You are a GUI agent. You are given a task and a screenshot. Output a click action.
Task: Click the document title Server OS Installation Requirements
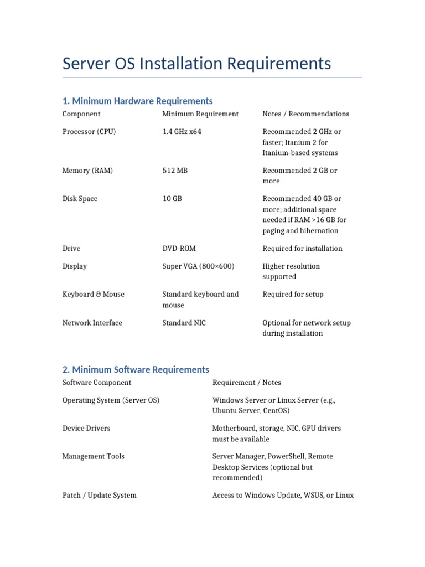(196, 63)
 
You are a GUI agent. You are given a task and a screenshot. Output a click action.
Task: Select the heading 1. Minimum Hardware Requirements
(137, 101)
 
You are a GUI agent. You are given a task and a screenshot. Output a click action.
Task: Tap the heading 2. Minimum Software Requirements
(136, 369)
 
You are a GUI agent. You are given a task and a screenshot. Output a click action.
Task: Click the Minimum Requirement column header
(200, 114)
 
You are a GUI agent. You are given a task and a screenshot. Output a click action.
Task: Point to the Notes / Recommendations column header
(305, 114)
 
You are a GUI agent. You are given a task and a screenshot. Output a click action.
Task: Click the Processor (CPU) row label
(89, 132)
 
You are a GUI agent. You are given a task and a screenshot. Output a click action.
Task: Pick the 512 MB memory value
(175, 171)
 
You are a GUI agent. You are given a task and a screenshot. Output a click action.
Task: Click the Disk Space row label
(80, 199)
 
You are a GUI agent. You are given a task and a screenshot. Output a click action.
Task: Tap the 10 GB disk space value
(172, 199)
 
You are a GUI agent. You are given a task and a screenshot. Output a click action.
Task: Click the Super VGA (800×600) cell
(198, 266)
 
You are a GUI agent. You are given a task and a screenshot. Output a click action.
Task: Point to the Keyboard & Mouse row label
(94, 295)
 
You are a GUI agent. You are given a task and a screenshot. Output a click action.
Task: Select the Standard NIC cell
(184, 323)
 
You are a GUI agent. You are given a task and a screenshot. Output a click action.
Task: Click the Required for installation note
(302, 249)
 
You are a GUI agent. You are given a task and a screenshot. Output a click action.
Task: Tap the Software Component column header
(97, 383)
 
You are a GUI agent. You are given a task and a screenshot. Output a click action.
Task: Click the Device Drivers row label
(86, 429)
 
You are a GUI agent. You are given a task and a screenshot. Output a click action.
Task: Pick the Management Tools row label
(94, 457)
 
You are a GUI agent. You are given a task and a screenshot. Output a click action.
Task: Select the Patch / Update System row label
(100, 496)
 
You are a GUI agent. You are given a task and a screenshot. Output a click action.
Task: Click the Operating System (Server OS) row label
(111, 400)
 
